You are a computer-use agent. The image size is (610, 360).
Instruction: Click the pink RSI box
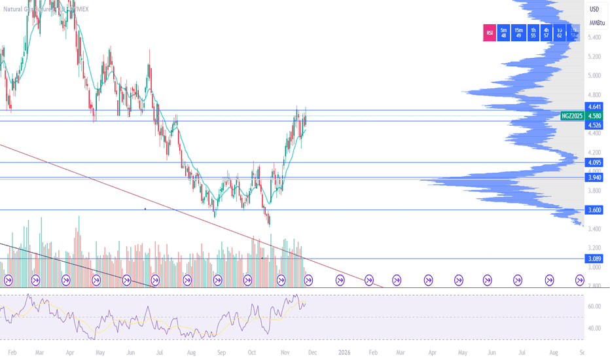[489, 33]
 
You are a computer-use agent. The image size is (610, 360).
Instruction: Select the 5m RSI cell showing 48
[503, 33]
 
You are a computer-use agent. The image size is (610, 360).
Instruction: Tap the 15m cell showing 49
[518, 33]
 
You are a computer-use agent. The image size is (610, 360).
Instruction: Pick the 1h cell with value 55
[533, 33]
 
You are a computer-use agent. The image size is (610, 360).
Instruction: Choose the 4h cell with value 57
[547, 33]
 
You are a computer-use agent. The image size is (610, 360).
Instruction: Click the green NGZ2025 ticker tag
[573, 116]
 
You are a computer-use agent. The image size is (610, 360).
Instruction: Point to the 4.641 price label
[595, 106]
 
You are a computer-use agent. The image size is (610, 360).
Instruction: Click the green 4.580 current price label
[595, 116]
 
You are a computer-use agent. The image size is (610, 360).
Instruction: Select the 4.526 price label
[595, 125]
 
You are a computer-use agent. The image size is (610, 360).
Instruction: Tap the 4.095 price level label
[595, 162]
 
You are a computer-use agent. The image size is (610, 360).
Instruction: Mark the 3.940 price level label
[595, 177]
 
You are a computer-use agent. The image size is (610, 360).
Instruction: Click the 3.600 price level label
[595, 210]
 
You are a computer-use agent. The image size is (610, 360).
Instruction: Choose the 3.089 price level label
[595, 259]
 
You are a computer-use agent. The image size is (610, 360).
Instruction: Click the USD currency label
[594, 9]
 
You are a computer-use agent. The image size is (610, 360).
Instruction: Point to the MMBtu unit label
[596, 23]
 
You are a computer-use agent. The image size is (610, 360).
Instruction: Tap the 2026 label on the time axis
[344, 352]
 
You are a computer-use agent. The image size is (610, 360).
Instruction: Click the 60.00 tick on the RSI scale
[594, 306]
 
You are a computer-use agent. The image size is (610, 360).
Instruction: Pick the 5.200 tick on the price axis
[595, 56]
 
